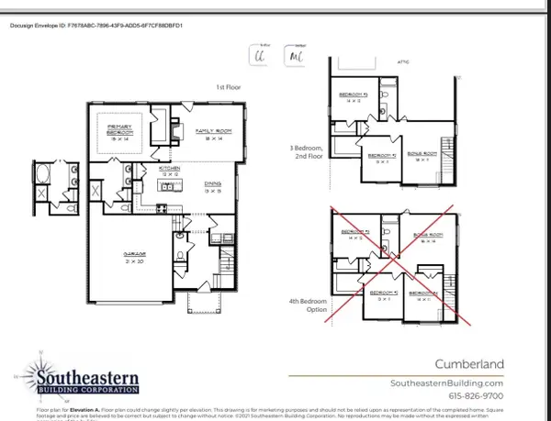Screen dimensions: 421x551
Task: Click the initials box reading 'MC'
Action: point(295,55)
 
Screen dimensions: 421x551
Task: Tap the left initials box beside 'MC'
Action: point(259,55)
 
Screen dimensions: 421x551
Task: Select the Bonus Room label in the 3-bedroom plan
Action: point(422,156)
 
